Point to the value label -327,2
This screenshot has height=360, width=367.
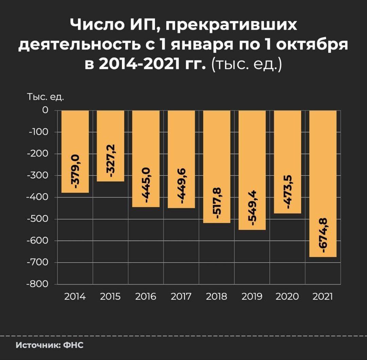pos(111,161)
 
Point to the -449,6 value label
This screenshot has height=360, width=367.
pos(182,186)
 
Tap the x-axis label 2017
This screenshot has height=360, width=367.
pos(181,297)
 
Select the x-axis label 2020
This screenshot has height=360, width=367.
pos(287,297)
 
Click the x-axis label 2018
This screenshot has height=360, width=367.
pos(216,297)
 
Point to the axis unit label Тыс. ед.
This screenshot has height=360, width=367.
pos(46,98)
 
